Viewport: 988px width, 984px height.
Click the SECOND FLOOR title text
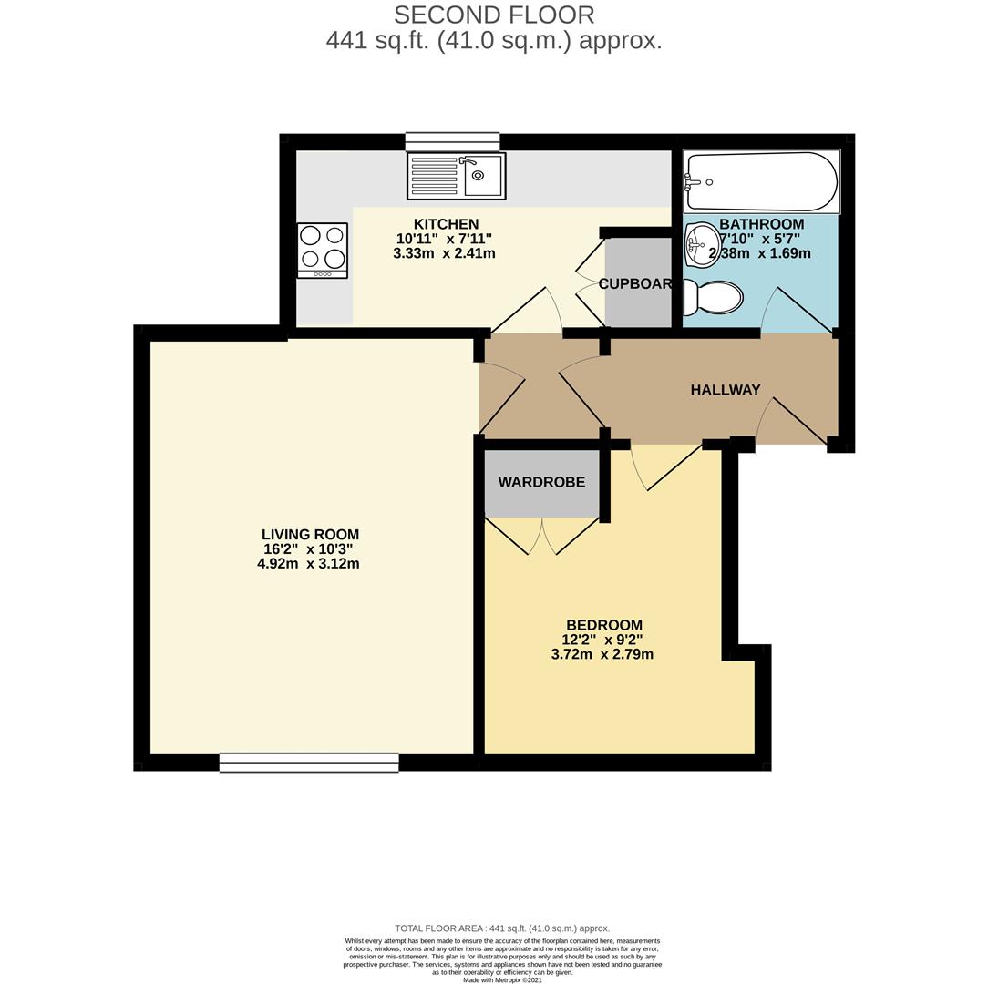[493, 15]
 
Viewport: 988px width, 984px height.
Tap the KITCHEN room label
[446, 224]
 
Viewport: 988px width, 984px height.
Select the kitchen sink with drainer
[456, 176]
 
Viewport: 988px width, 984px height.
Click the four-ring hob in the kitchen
[322, 250]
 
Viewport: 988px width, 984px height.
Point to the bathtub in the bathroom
[761, 182]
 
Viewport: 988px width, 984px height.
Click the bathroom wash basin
[700, 244]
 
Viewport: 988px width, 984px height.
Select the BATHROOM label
[761, 224]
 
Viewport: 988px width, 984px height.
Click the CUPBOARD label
[635, 284]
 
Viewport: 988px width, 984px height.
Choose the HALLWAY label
[725, 390]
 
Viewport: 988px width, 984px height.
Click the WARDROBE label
[541, 482]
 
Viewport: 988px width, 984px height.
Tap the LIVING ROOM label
[310, 535]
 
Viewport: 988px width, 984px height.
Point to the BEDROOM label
[603, 625]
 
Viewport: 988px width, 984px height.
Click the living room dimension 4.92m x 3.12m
[308, 564]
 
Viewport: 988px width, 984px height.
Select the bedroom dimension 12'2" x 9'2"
[602, 640]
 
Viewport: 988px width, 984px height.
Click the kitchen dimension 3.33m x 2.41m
[444, 253]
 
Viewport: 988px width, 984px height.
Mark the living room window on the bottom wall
[309, 763]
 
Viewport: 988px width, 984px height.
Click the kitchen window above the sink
[452, 141]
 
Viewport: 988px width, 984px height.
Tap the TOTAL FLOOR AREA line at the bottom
[502, 928]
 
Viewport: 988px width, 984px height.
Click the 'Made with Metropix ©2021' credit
[502, 980]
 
